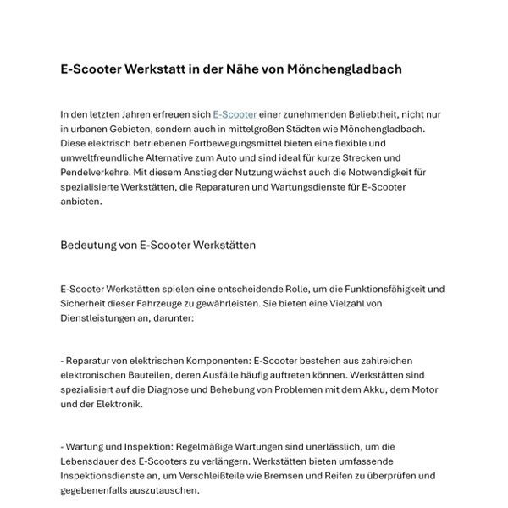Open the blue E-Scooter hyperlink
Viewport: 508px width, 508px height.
[235, 113]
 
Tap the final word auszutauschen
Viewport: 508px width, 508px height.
[165, 490]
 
